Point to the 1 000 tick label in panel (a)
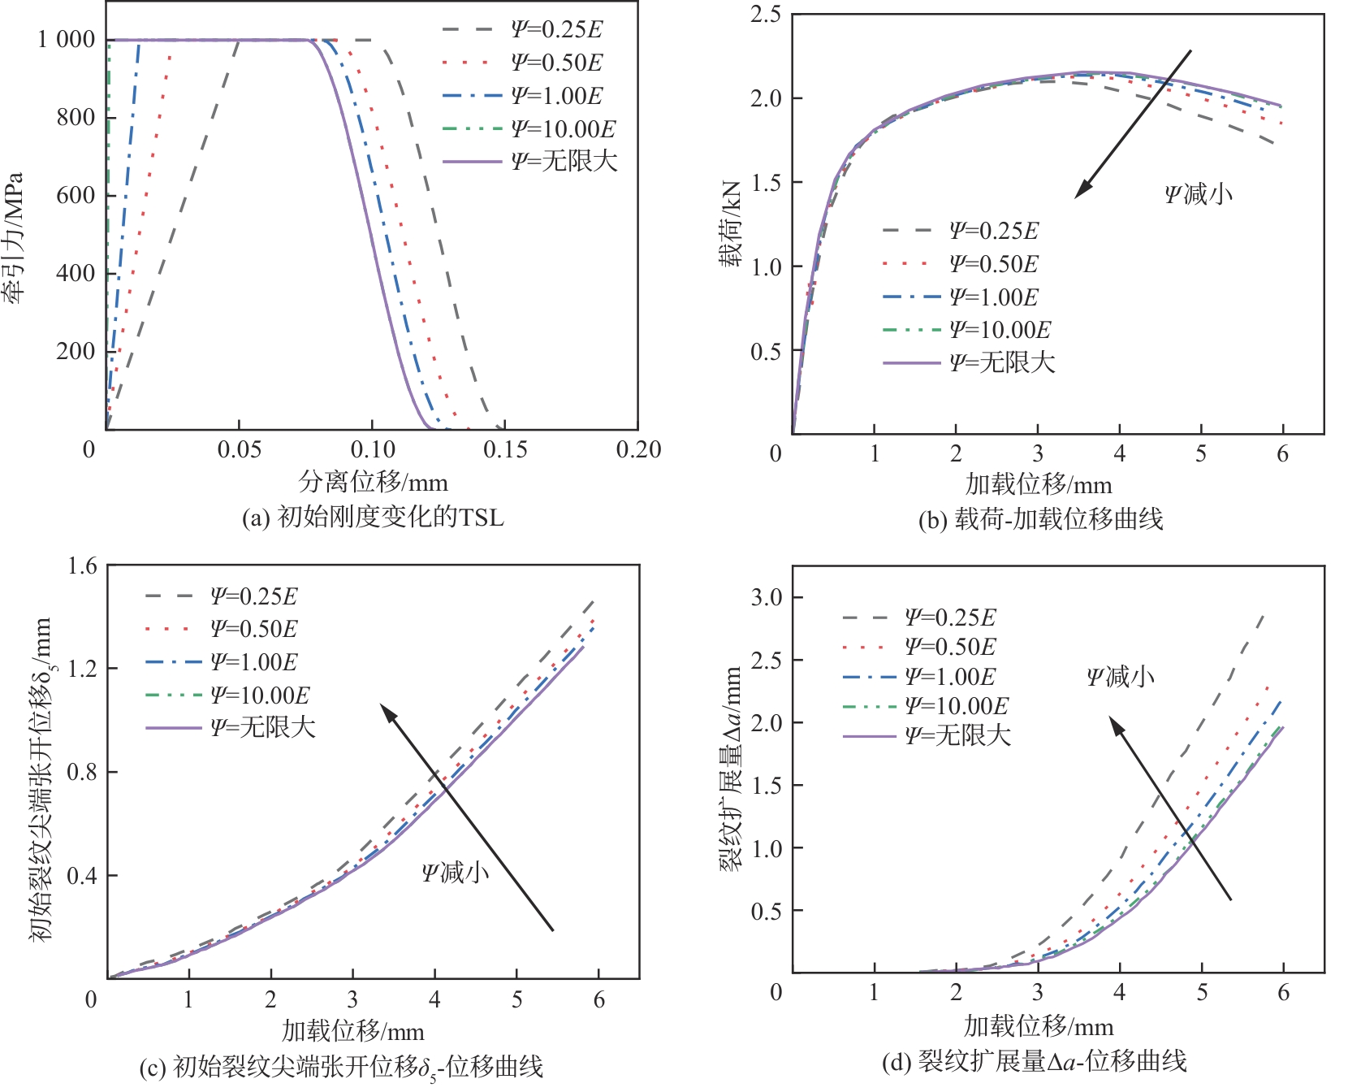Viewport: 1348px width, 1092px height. coord(66,39)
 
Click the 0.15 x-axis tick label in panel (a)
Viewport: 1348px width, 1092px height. coord(505,450)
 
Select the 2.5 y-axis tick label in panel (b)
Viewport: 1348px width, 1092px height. coord(765,15)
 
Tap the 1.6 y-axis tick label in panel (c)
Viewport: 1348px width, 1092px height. coord(82,566)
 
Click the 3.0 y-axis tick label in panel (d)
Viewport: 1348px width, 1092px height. coord(767,598)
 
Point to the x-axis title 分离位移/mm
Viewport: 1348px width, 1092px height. coord(373,483)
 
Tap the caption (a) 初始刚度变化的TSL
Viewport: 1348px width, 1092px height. coord(373,518)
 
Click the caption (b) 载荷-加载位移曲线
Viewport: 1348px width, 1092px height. coord(1040,519)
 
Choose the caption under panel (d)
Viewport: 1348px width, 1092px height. coord(1035,1061)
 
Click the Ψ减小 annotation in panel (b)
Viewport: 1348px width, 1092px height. coord(1198,194)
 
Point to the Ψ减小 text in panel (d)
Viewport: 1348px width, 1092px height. coord(1120,677)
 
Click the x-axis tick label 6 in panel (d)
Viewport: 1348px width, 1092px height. coord(1283,992)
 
